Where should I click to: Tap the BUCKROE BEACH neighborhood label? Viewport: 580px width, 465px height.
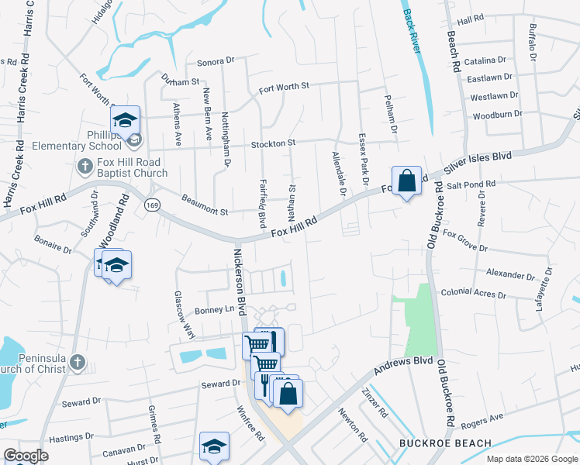(x=445, y=443)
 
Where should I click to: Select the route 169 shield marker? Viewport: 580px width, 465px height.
(x=152, y=204)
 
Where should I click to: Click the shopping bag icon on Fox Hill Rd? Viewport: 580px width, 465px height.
(x=406, y=181)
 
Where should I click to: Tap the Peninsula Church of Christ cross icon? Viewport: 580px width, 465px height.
(x=76, y=361)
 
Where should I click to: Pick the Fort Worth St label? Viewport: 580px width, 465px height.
(x=284, y=88)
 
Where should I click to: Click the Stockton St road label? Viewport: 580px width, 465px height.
(x=273, y=143)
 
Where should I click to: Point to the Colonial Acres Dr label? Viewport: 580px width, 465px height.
(x=473, y=294)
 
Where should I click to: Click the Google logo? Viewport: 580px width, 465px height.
(x=25, y=456)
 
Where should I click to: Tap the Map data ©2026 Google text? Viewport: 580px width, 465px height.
(x=531, y=460)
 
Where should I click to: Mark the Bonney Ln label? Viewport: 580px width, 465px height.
(x=219, y=309)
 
